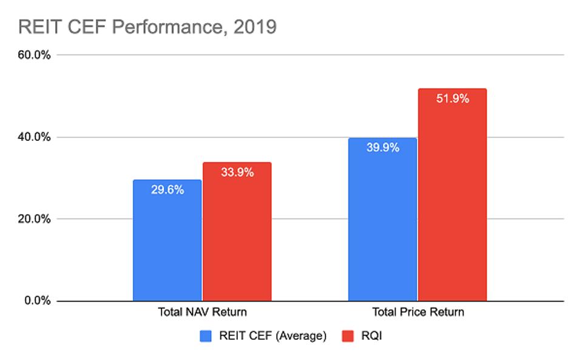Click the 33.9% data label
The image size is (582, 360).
tap(237, 172)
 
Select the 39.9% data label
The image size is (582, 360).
tap(382, 148)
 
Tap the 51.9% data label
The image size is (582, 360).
tap(452, 98)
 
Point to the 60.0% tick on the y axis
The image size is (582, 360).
tap(35, 55)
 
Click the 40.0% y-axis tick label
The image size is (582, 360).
tap(35, 137)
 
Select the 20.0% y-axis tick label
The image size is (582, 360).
tap(35, 219)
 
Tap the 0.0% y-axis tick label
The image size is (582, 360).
tap(37, 301)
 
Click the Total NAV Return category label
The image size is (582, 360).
tap(202, 313)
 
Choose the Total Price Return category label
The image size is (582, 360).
tap(418, 313)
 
